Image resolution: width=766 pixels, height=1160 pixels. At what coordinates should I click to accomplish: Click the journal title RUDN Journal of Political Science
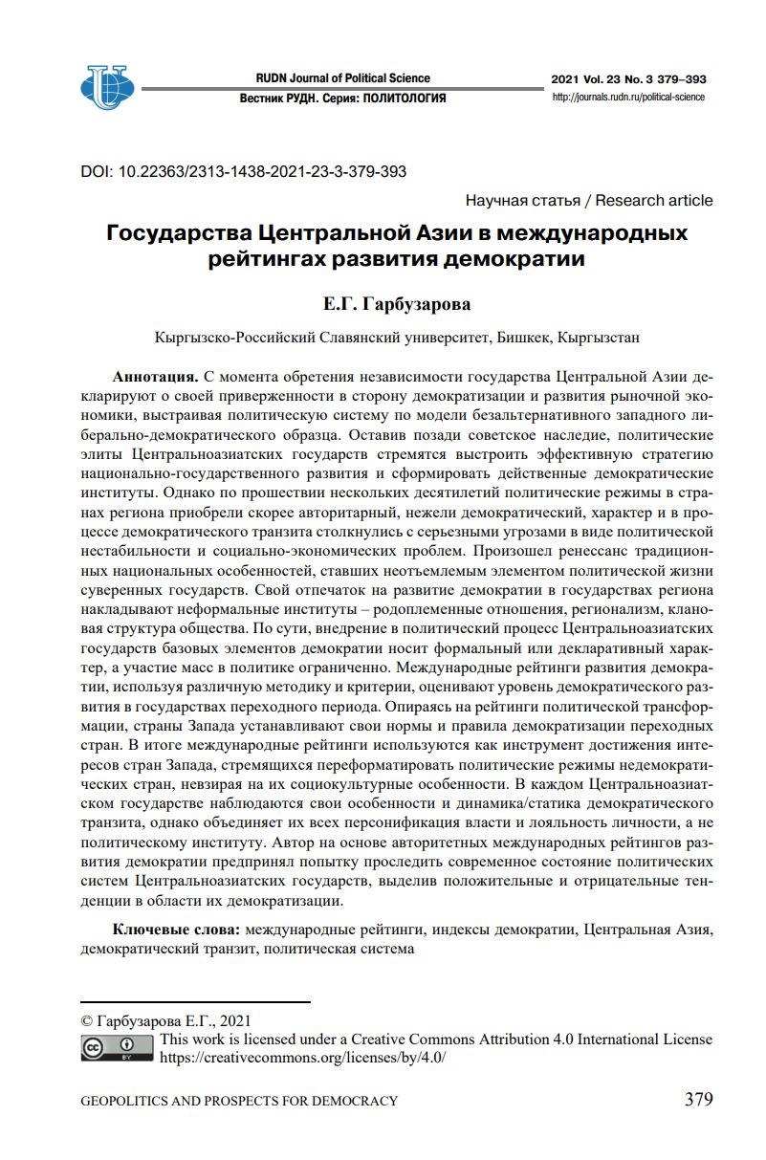pos(343,78)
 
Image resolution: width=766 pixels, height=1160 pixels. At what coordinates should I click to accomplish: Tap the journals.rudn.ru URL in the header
pos(628,98)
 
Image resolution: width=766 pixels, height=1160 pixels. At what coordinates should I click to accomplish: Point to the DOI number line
pos(244,172)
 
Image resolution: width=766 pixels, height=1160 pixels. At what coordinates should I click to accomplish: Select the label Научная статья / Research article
pos(588,200)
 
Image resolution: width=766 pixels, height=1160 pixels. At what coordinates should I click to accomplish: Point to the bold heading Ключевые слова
pos(178,930)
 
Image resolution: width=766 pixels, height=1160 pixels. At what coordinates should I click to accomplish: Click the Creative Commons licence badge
pos(118,1049)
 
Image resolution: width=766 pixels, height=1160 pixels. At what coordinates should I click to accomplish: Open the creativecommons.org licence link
pos(303,1058)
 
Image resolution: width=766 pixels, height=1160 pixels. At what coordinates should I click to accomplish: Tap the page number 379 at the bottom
pos(698,1099)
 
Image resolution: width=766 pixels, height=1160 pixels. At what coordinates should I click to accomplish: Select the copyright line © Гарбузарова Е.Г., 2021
pos(165,1020)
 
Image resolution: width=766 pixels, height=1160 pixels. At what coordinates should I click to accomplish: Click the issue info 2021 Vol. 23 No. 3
pos(600,78)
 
